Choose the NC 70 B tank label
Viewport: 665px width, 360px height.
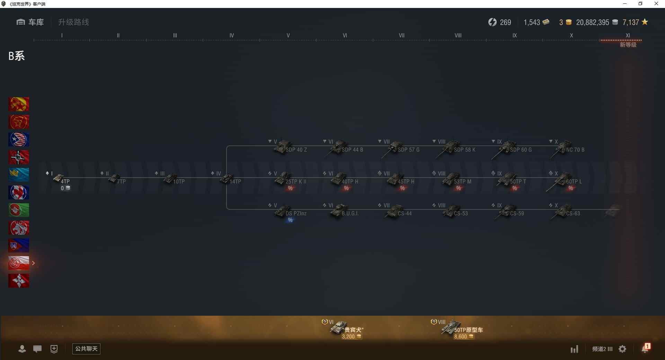(x=575, y=150)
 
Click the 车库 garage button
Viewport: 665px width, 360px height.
(x=30, y=22)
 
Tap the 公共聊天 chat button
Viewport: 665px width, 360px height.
(x=86, y=349)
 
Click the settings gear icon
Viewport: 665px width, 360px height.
(x=622, y=349)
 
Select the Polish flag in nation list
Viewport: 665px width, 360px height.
(x=19, y=263)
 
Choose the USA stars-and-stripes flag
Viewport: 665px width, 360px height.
(x=19, y=139)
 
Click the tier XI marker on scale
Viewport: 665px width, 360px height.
(x=628, y=36)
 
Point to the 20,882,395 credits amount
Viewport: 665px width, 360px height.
(x=592, y=22)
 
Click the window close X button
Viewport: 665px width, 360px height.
(x=656, y=4)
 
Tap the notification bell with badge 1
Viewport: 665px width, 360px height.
(x=645, y=349)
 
